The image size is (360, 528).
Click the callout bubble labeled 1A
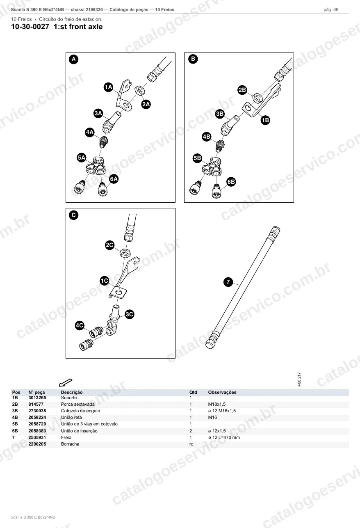108,87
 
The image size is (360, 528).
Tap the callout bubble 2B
242,90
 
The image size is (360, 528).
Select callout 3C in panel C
129,314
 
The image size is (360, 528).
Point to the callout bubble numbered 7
228,282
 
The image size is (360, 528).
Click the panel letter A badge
74,59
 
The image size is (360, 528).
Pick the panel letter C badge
74,215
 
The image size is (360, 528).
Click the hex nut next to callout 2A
140,90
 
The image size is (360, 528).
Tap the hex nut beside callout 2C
125,254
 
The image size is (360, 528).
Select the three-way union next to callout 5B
212,167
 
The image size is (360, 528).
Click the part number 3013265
37,398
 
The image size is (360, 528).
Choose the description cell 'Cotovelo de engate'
80,411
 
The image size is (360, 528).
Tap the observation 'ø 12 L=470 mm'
224,437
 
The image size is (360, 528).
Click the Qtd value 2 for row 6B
191,431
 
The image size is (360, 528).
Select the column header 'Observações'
222,392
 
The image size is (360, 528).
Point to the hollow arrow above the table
66,382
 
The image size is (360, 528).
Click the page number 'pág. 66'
331,10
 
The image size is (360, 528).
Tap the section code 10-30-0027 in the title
30,27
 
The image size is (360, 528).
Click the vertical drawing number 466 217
299,379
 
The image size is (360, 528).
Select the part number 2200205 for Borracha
37,444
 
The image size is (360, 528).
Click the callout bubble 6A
114,179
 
